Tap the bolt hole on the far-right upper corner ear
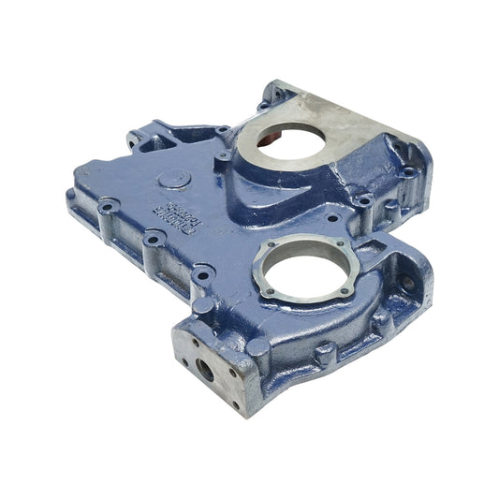tap(409, 171)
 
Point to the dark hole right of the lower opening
tap(406, 280)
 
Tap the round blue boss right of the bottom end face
tap(261, 353)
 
